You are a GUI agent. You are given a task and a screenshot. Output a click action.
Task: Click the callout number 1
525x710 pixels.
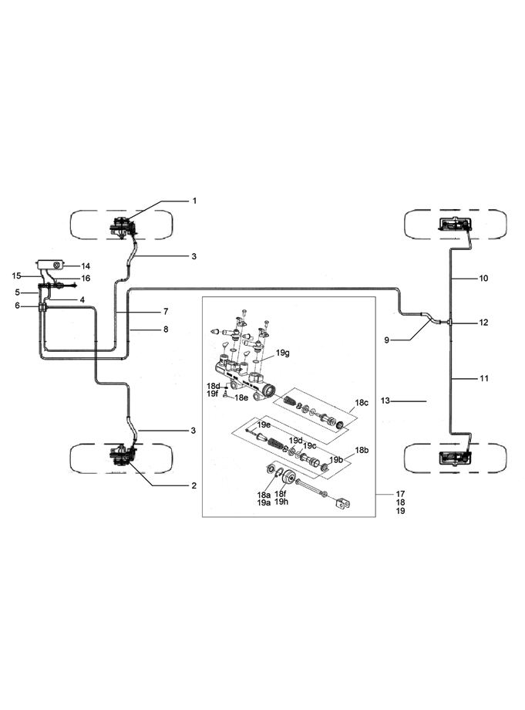pyautogui.click(x=194, y=201)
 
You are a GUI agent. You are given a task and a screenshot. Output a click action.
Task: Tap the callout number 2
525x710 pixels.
pyautogui.click(x=194, y=486)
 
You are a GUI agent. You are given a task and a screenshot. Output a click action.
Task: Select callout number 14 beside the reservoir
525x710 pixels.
pyautogui.click(x=86, y=266)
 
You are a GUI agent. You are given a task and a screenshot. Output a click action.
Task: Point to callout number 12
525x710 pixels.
pyautogui.click(x=483, y=323)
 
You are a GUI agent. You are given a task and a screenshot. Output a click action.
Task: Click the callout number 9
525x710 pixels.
pyautogui.click(x=387, y=340)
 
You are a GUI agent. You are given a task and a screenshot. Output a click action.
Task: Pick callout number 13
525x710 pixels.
pyautogui.click(x=385, y=401)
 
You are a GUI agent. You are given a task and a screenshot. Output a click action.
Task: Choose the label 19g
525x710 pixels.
pyautogui.click(x=283, y=353)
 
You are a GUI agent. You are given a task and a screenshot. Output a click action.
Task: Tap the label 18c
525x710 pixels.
pyautogui.click(x=362, y=402)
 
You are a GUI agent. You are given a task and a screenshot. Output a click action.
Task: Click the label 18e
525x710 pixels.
pyautogui.click(x=241, y=397)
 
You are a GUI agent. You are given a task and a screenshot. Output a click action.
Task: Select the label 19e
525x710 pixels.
pyautogui.click(x=264, y=424)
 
